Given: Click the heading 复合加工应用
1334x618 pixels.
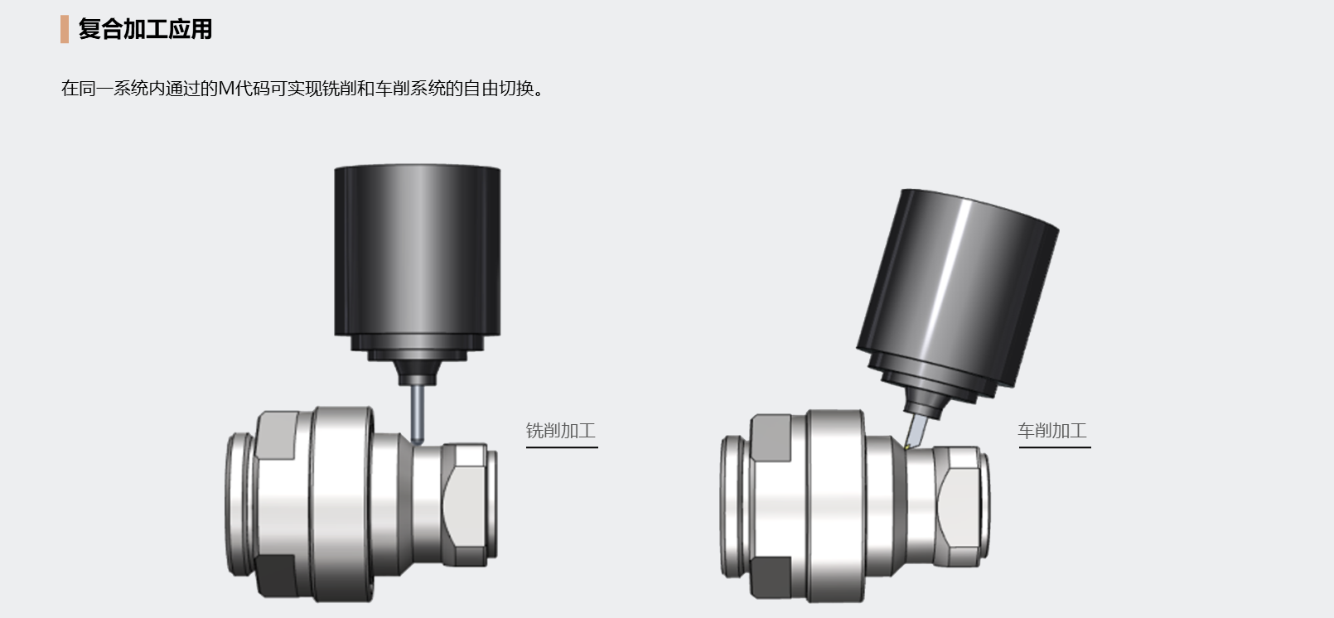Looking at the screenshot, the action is pos(145,29).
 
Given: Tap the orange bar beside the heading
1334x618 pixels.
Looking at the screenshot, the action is pos(65,29).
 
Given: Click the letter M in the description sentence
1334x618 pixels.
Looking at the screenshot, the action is pos(227,89).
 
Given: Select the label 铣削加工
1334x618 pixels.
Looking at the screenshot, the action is pos(560,431).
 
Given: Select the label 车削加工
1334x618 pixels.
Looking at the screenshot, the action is pos(1052,431).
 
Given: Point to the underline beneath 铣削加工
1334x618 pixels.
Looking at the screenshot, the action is pos(562,447).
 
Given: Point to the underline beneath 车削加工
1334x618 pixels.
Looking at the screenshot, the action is pos(1055,447).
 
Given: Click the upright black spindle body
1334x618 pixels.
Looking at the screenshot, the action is pos(417,250).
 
